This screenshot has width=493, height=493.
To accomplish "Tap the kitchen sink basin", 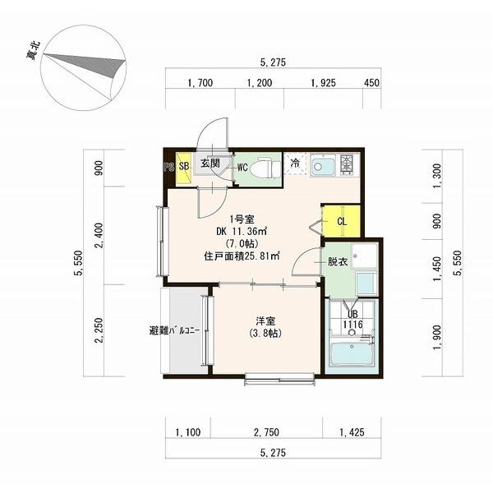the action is pos(324,165).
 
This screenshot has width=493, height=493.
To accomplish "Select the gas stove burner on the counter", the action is pos(347,164).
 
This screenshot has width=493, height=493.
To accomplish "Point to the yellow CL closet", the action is pos(342,221).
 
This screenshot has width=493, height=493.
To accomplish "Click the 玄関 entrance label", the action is pos(210,163).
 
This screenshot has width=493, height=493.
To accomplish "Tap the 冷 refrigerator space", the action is pos(295,163).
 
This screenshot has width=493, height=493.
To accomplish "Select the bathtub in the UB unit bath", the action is pos(352,355).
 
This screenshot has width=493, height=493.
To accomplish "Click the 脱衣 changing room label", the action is pos(338,261).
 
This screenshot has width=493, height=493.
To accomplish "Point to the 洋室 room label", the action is pos(265,321).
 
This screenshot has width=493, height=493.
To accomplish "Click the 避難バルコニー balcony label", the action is pos(174,331).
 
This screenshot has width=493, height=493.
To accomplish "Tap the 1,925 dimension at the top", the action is pos(323,83).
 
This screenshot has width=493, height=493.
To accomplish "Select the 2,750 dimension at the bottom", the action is pos(266,432).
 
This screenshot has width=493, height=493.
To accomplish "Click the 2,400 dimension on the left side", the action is pos(99,235).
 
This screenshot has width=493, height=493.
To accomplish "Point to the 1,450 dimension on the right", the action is pos(437,268).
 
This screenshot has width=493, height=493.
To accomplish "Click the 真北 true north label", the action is pos(34,51).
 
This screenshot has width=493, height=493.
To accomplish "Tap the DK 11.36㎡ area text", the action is pos(242,232).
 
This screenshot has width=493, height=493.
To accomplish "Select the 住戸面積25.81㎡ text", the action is pos(242,256).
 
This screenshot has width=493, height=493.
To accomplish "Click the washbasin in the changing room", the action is pos(365,256).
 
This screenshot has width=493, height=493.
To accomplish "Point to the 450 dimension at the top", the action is pos(372,83).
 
